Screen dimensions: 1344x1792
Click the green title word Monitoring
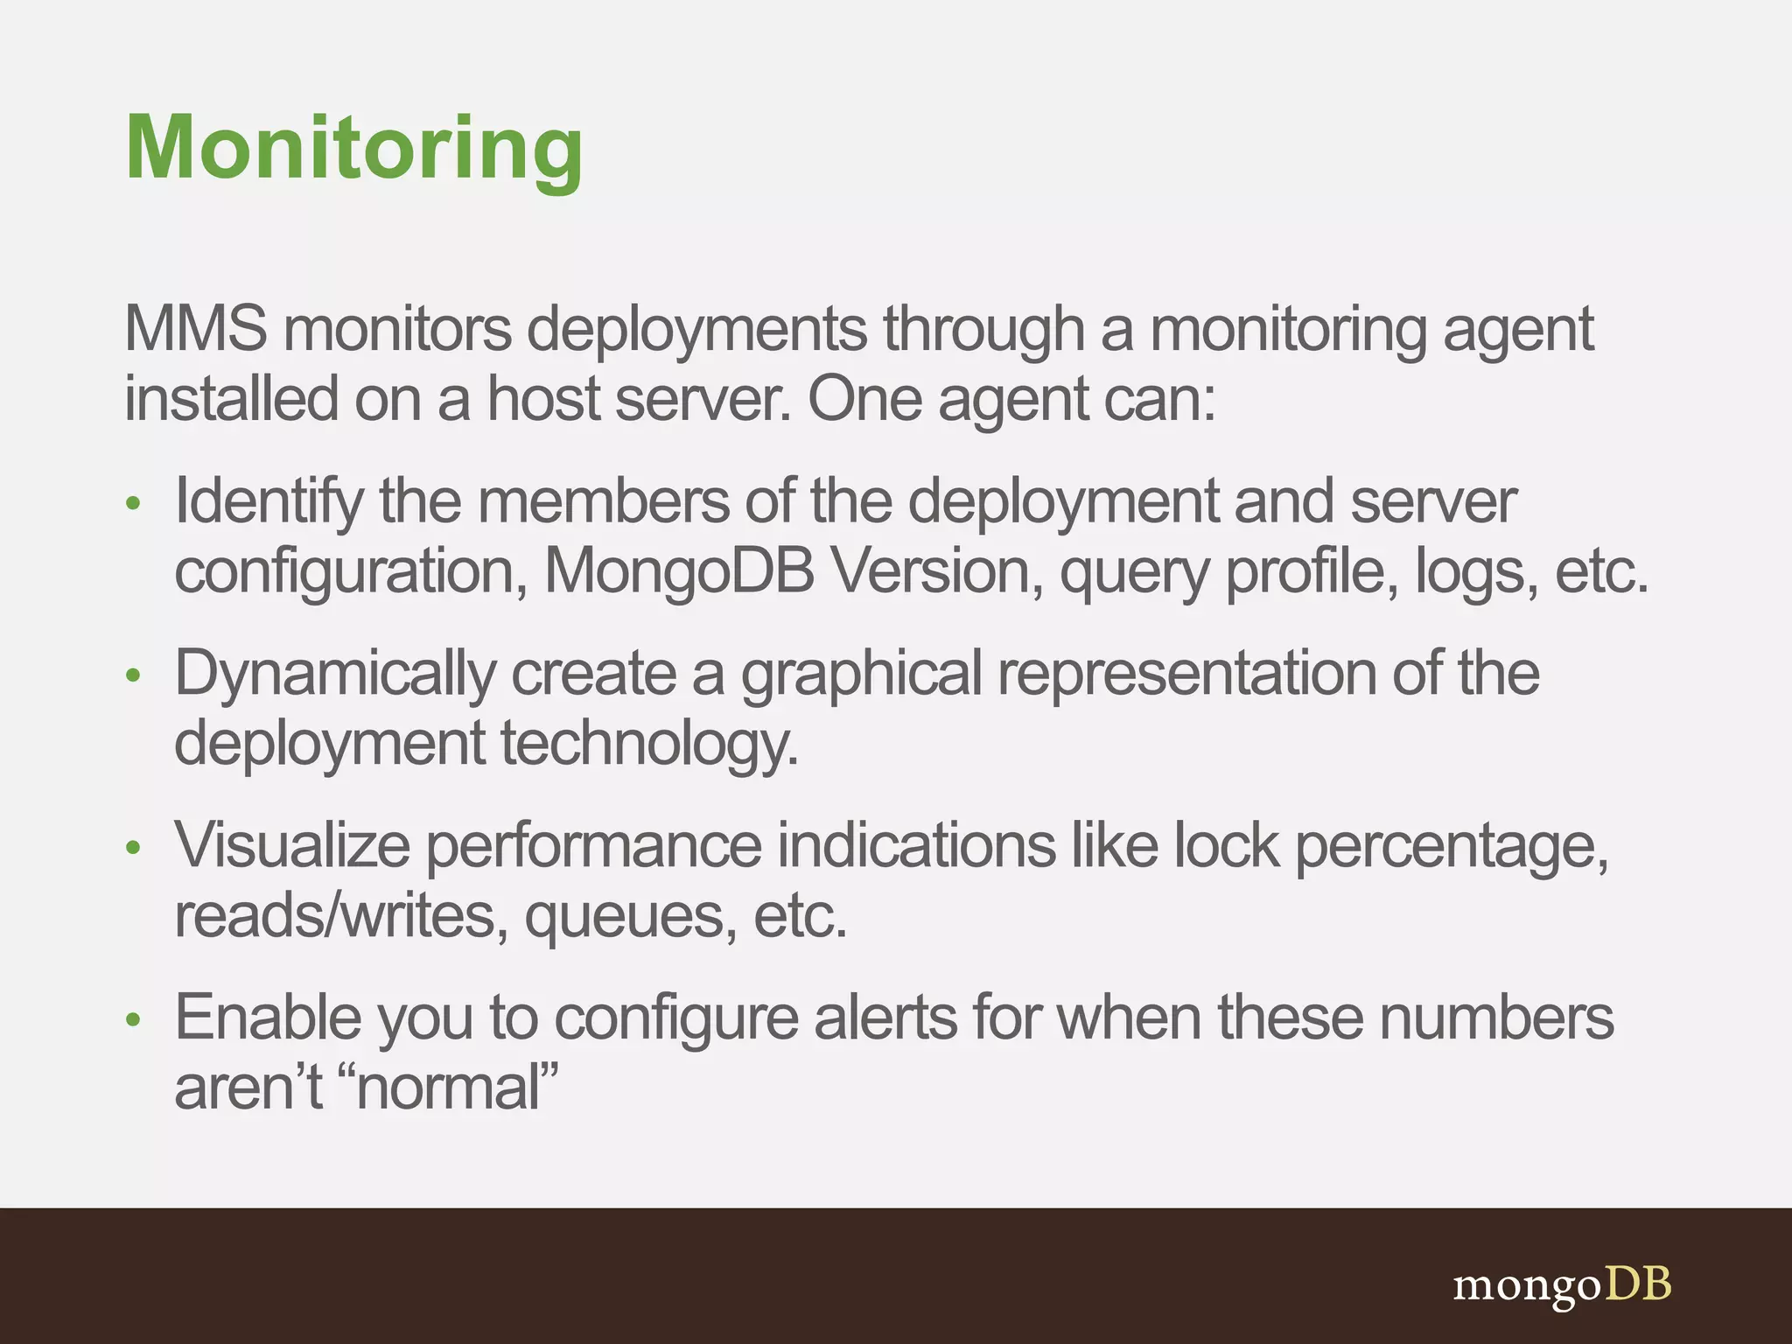pos(353,149)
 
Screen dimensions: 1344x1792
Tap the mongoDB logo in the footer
pos(1562,1285)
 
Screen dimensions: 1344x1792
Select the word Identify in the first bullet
pos(269,502)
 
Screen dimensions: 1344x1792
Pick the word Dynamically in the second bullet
pos(335,674)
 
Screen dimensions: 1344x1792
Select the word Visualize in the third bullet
pos(292,845)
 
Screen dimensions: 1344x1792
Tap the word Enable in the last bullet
pos(269,1018)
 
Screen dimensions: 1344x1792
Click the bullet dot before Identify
pos(133,503)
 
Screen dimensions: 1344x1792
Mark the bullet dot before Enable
pos(133,1019)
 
